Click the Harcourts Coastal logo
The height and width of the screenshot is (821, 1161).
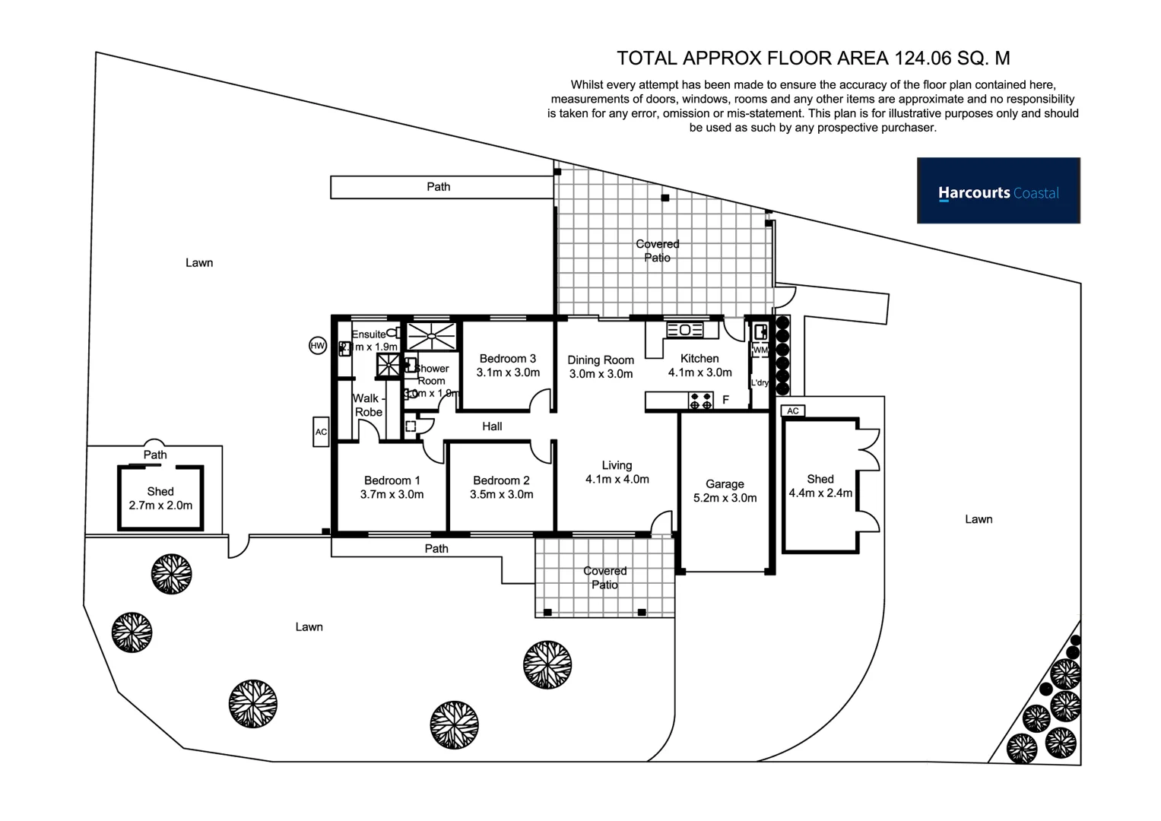(x=998, y=191)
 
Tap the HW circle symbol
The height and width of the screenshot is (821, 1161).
(x=318, y=346)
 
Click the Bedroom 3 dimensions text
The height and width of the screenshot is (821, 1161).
(x=508, y=372)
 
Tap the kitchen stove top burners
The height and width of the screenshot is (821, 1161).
(x=701, y=400)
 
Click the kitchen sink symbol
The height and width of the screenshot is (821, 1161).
(x=684, y=329)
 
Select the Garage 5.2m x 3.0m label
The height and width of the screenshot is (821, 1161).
(x=725, y=491)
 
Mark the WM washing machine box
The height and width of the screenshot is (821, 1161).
(x=760, y=350)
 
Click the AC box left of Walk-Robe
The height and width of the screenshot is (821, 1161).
(x=321, y=432)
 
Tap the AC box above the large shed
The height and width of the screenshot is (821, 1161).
(x=792, y=410)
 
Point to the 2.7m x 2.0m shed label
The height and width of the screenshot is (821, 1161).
(x=160, y=499)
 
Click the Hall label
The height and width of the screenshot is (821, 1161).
(x=492, y=426)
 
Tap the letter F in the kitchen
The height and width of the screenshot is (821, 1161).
(x=725, y=400)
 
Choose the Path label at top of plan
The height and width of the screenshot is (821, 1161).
(x=438, y=187)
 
